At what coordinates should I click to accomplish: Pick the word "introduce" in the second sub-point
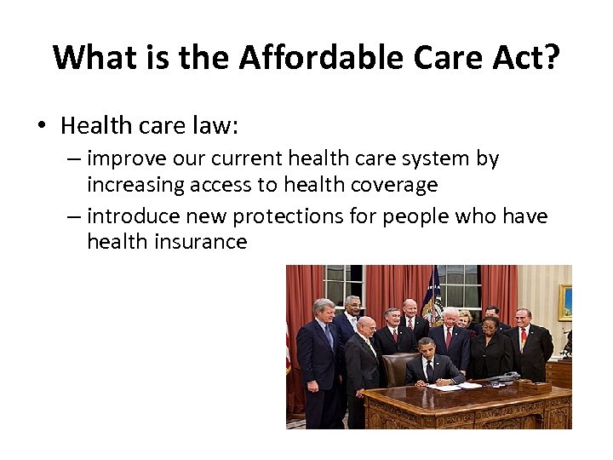(x=135, y=216)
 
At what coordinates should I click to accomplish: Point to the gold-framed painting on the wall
(x=564, y=302)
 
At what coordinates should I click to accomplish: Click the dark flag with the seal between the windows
(x=434, y=298)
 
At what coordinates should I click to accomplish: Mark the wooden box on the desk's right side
(x=558, y=373)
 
